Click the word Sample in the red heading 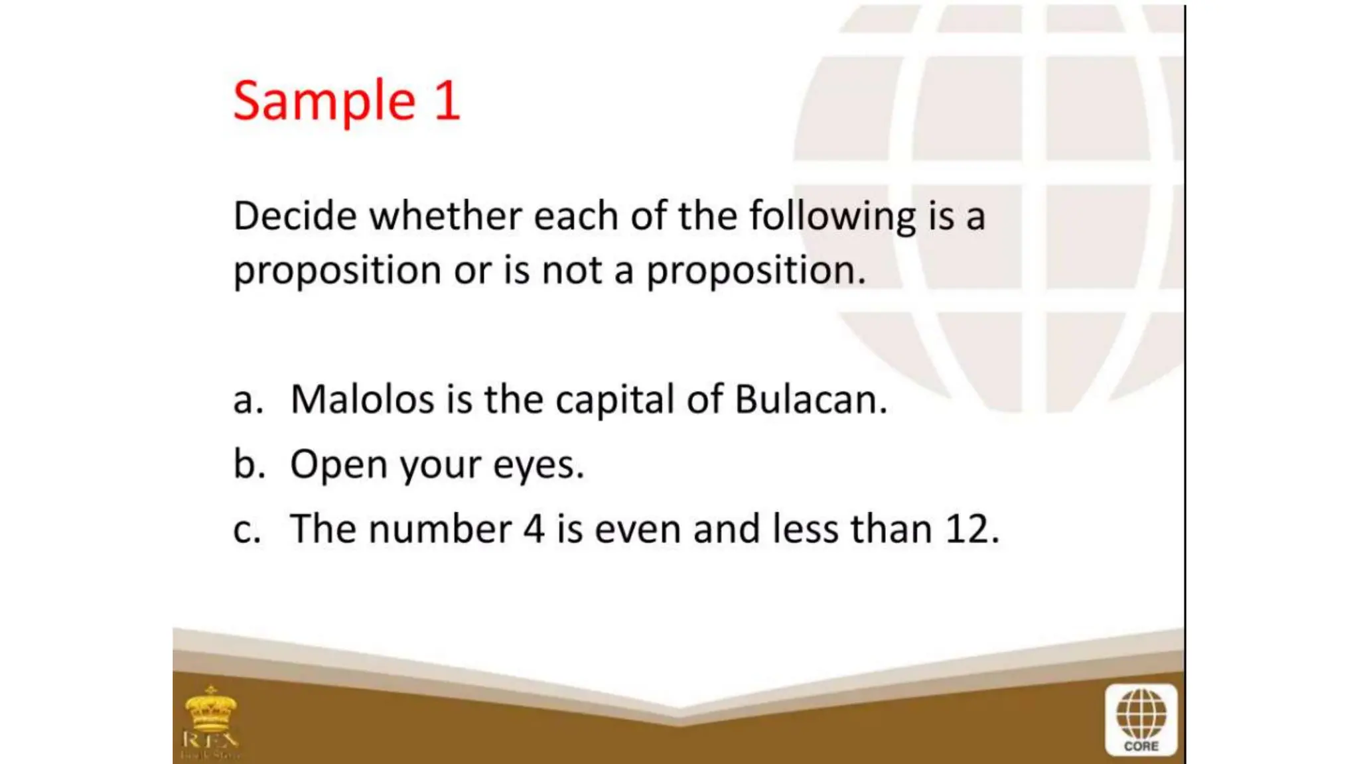[324, 101]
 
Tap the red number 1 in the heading [447, 101]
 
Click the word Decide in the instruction [295, 216]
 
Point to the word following [832, 216]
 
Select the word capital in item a [614, 400]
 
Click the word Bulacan [810, 399]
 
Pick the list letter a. [247, 401]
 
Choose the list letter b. [248, 464]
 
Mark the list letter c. [246, 530]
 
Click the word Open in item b [338, 464]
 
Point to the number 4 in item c [534, 529]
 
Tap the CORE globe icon [1141, 720]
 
